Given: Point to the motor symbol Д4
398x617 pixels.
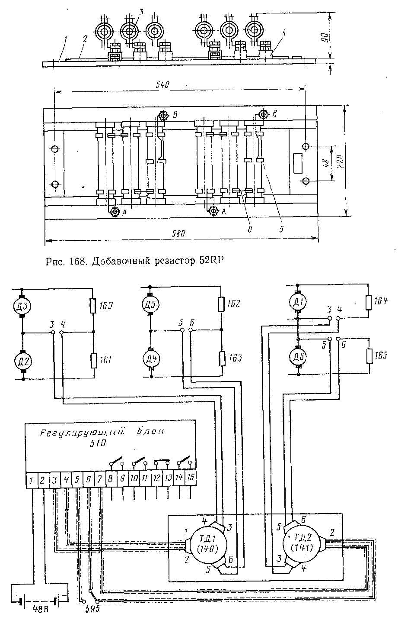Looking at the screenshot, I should [151, 359].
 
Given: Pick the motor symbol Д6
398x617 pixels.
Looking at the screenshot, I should [298, 355].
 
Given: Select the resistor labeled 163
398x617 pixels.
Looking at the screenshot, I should [221, 358].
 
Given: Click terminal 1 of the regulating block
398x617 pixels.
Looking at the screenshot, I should [32, 480].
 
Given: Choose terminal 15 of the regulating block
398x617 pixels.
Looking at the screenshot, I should [191, 478].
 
